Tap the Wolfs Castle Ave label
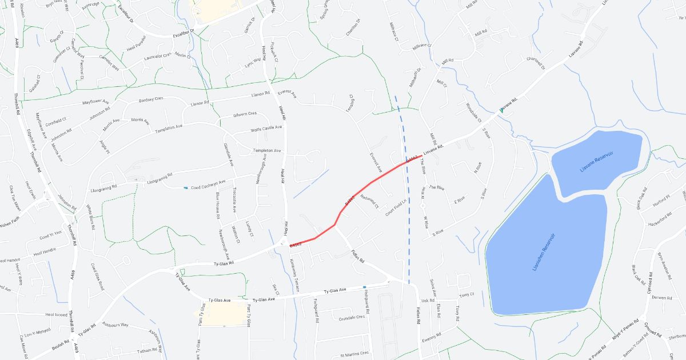(x=266, y=129)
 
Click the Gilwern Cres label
(x=245, y=114)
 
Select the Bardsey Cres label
(x=151, y=99)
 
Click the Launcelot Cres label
(x=158, y=56)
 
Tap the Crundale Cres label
(x=352, y=318)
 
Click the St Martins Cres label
(x=354, y=354)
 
